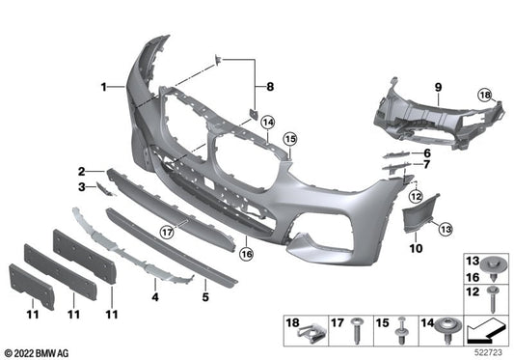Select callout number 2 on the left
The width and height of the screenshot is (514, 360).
[x=84, y=170]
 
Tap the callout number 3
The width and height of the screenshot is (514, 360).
[x=83, y=185]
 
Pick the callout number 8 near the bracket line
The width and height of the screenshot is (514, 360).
[x=425, y=153]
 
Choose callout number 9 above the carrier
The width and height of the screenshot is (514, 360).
[x=425, y=166]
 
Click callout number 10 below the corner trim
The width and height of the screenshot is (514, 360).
[x=270, y=88]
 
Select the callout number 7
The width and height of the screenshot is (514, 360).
[x=417, y=248]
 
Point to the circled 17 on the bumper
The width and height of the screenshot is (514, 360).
[x=167, y=232]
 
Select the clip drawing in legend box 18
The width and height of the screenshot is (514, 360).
[x=308, y=333]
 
